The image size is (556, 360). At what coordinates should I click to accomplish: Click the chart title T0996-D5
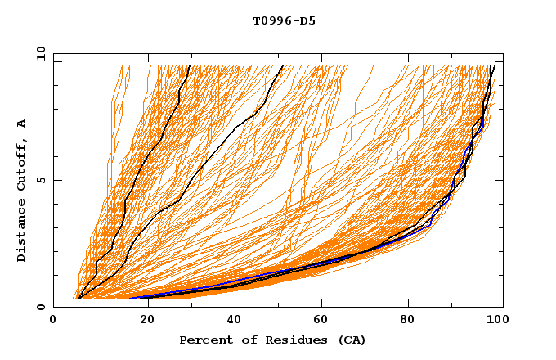tap(284, 21)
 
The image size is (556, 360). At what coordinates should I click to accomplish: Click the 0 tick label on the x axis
tap(53, 322)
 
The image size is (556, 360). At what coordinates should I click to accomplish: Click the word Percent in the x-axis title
tap(204, 340)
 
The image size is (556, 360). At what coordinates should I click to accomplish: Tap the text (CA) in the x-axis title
tap(352, 340)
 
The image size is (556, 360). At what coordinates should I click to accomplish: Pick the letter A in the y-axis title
tap(21, 123)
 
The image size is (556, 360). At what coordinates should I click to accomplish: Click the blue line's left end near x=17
tap(130, 298)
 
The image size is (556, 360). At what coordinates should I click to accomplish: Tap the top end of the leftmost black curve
tap(189, 66)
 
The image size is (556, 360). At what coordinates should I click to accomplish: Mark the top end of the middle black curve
tap(283, 66)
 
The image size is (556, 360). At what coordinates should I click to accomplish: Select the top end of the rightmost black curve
tap(493, 66)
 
